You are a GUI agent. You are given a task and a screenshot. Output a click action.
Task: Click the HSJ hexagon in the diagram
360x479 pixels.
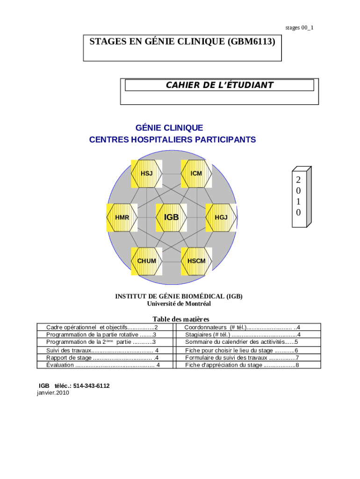click(x=147, y=174)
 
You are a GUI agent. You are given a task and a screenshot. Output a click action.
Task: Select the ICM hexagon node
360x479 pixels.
click(x=196, y=174)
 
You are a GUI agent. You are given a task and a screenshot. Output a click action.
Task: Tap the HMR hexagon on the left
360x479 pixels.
click(x=122, y=218)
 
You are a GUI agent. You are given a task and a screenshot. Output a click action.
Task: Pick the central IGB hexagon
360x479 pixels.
click(x=172, y=218)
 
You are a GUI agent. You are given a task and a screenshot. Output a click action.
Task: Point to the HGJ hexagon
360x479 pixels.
click(x=221, y=218)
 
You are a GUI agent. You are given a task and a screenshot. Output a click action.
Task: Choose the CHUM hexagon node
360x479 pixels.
click(x=147, y=261)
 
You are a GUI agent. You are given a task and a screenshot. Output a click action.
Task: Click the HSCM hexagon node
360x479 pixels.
click(x=196, y=261)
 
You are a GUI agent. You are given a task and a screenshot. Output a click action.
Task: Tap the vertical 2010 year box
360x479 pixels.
click(x=299, y=196)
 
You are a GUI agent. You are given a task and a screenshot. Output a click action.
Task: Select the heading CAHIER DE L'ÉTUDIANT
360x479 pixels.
click(x=219, y=85)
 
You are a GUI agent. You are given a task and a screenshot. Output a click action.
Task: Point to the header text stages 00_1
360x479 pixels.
click(x=299, y=28)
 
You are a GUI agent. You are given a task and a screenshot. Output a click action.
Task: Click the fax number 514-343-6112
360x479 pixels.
click(x=92, y=386)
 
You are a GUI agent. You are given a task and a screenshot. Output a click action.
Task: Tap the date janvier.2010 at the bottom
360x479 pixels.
click(x=53, y=393)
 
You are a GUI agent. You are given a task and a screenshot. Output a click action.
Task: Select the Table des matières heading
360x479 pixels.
click(x=180, y=319)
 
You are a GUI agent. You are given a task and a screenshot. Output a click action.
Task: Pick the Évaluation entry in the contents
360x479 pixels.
click(x=103, y=365)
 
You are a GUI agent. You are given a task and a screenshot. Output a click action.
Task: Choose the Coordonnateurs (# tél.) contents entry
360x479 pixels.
click(x=242, y=327)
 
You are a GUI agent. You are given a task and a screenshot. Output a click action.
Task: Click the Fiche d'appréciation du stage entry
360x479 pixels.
click(x=242, y=365)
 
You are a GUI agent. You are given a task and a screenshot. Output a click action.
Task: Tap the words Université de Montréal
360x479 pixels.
click(x=179, y=304)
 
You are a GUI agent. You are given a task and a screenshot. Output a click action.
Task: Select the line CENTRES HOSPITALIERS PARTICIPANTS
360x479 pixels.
click(x=173, y=139)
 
